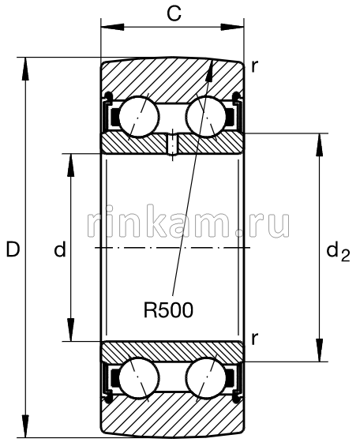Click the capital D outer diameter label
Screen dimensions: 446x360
click(12, 250)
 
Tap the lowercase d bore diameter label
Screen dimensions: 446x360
click(58, 250)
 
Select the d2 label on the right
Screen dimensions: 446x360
click(337, 252)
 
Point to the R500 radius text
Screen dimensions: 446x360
click(168, 309)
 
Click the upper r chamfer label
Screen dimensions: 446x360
click(254, 67)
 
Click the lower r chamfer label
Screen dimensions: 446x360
click(254, 339)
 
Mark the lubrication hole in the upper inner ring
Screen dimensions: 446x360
click(172, 145)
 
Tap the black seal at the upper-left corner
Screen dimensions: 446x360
click(112, 118)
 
